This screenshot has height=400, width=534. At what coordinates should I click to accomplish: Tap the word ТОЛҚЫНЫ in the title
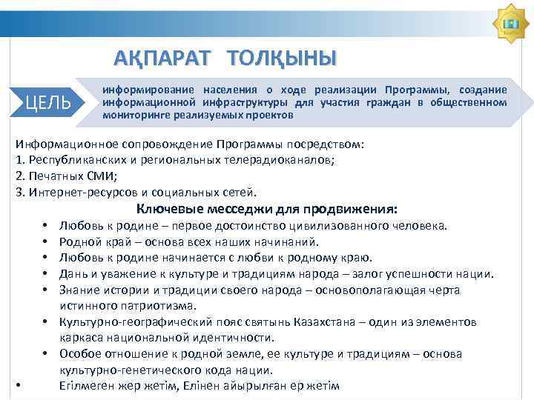[x=282, y=58]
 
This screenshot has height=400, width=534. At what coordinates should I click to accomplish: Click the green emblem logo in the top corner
[x=510, y=25]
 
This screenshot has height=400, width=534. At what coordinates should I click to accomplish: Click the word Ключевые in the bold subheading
[x=167, y=208]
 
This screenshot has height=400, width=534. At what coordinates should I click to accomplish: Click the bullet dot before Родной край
[x=45, y=242]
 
